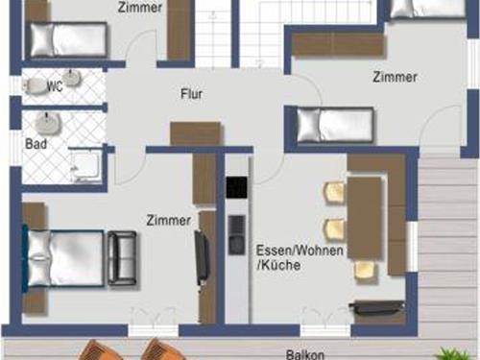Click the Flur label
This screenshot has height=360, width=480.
pos(192,94)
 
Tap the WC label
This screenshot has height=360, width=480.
pos(55,86)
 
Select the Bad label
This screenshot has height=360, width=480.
pos(36,144)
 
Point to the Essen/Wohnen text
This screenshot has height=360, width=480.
pos(300,251)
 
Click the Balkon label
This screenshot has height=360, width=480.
pos(305,354)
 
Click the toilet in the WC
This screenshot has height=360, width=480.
pos(35,86)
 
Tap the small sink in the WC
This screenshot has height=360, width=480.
pos(72,78)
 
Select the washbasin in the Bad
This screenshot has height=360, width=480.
pos(48,123)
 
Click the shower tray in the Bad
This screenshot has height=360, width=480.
pos(85,165)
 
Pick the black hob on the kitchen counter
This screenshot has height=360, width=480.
pos(237,187)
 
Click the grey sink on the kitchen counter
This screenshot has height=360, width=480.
pos(237,235)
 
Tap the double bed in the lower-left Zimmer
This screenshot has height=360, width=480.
pos(63,258)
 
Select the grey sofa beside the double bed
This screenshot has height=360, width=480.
pos(122,258)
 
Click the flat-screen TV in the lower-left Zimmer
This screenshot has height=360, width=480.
pos(201,258)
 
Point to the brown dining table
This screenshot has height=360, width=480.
pos(365,218)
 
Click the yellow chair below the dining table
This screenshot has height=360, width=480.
pos(365,271)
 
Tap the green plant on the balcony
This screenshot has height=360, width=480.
pos(452,353)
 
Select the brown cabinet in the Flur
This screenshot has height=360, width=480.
pos(196,133)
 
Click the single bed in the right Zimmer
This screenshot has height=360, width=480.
pos(335,125)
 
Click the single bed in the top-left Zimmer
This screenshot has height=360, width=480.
pos(68,39)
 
